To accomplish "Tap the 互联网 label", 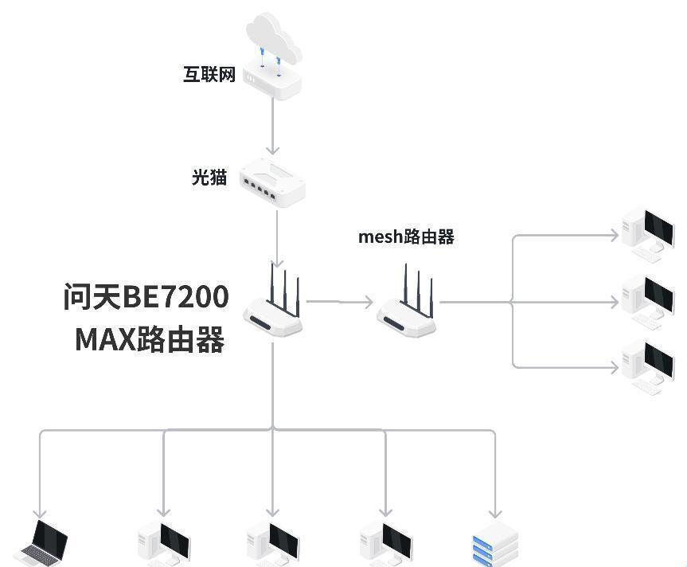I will point(209,75).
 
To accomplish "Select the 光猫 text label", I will point(209,177).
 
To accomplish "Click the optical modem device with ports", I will point(272,182).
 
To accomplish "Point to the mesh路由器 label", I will point(406,237).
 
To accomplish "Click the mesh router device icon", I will point(407,307).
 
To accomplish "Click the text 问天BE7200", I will point(146,297).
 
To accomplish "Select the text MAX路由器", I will point(150,339).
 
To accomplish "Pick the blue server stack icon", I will point(494,548).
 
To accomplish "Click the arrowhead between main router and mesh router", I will point(367,302).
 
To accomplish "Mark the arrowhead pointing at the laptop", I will point(40,513).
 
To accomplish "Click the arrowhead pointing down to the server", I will point(495,513).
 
